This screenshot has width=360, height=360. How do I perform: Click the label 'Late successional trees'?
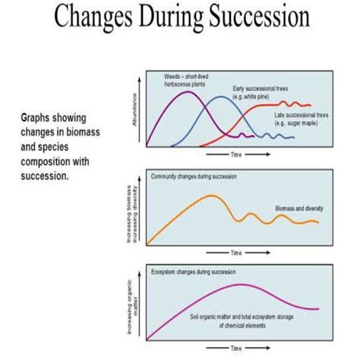[x=302, y=115]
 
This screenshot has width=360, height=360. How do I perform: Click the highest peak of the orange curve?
[x=210, y=195]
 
